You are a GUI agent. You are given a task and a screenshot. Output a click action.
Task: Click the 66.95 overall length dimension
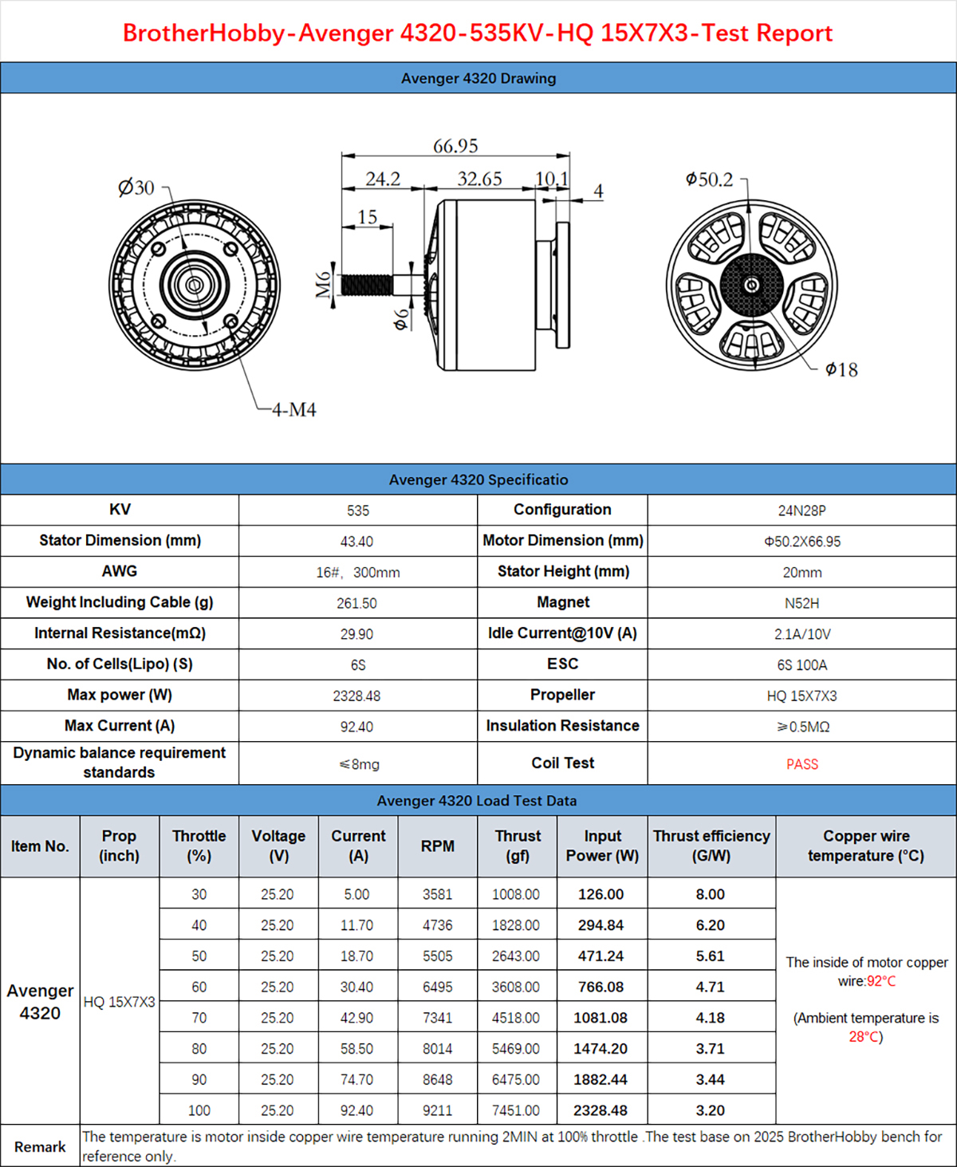click(455, 146)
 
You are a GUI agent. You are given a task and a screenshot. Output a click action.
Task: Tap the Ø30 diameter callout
click(136, 187)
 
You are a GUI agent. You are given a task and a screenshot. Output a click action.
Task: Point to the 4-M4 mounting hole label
click(293, 410)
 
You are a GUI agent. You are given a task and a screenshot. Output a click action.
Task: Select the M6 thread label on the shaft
click(324, 285)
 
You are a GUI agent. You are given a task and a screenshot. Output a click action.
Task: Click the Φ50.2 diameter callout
click(709, 179)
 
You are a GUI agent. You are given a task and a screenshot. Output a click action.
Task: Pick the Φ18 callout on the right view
click(841, 369)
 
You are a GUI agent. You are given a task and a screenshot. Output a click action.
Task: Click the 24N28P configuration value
click(801, 511)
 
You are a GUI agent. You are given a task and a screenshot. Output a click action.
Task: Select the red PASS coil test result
click(802, 764)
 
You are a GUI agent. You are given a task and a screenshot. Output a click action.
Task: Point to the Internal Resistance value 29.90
click(356, 634)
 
